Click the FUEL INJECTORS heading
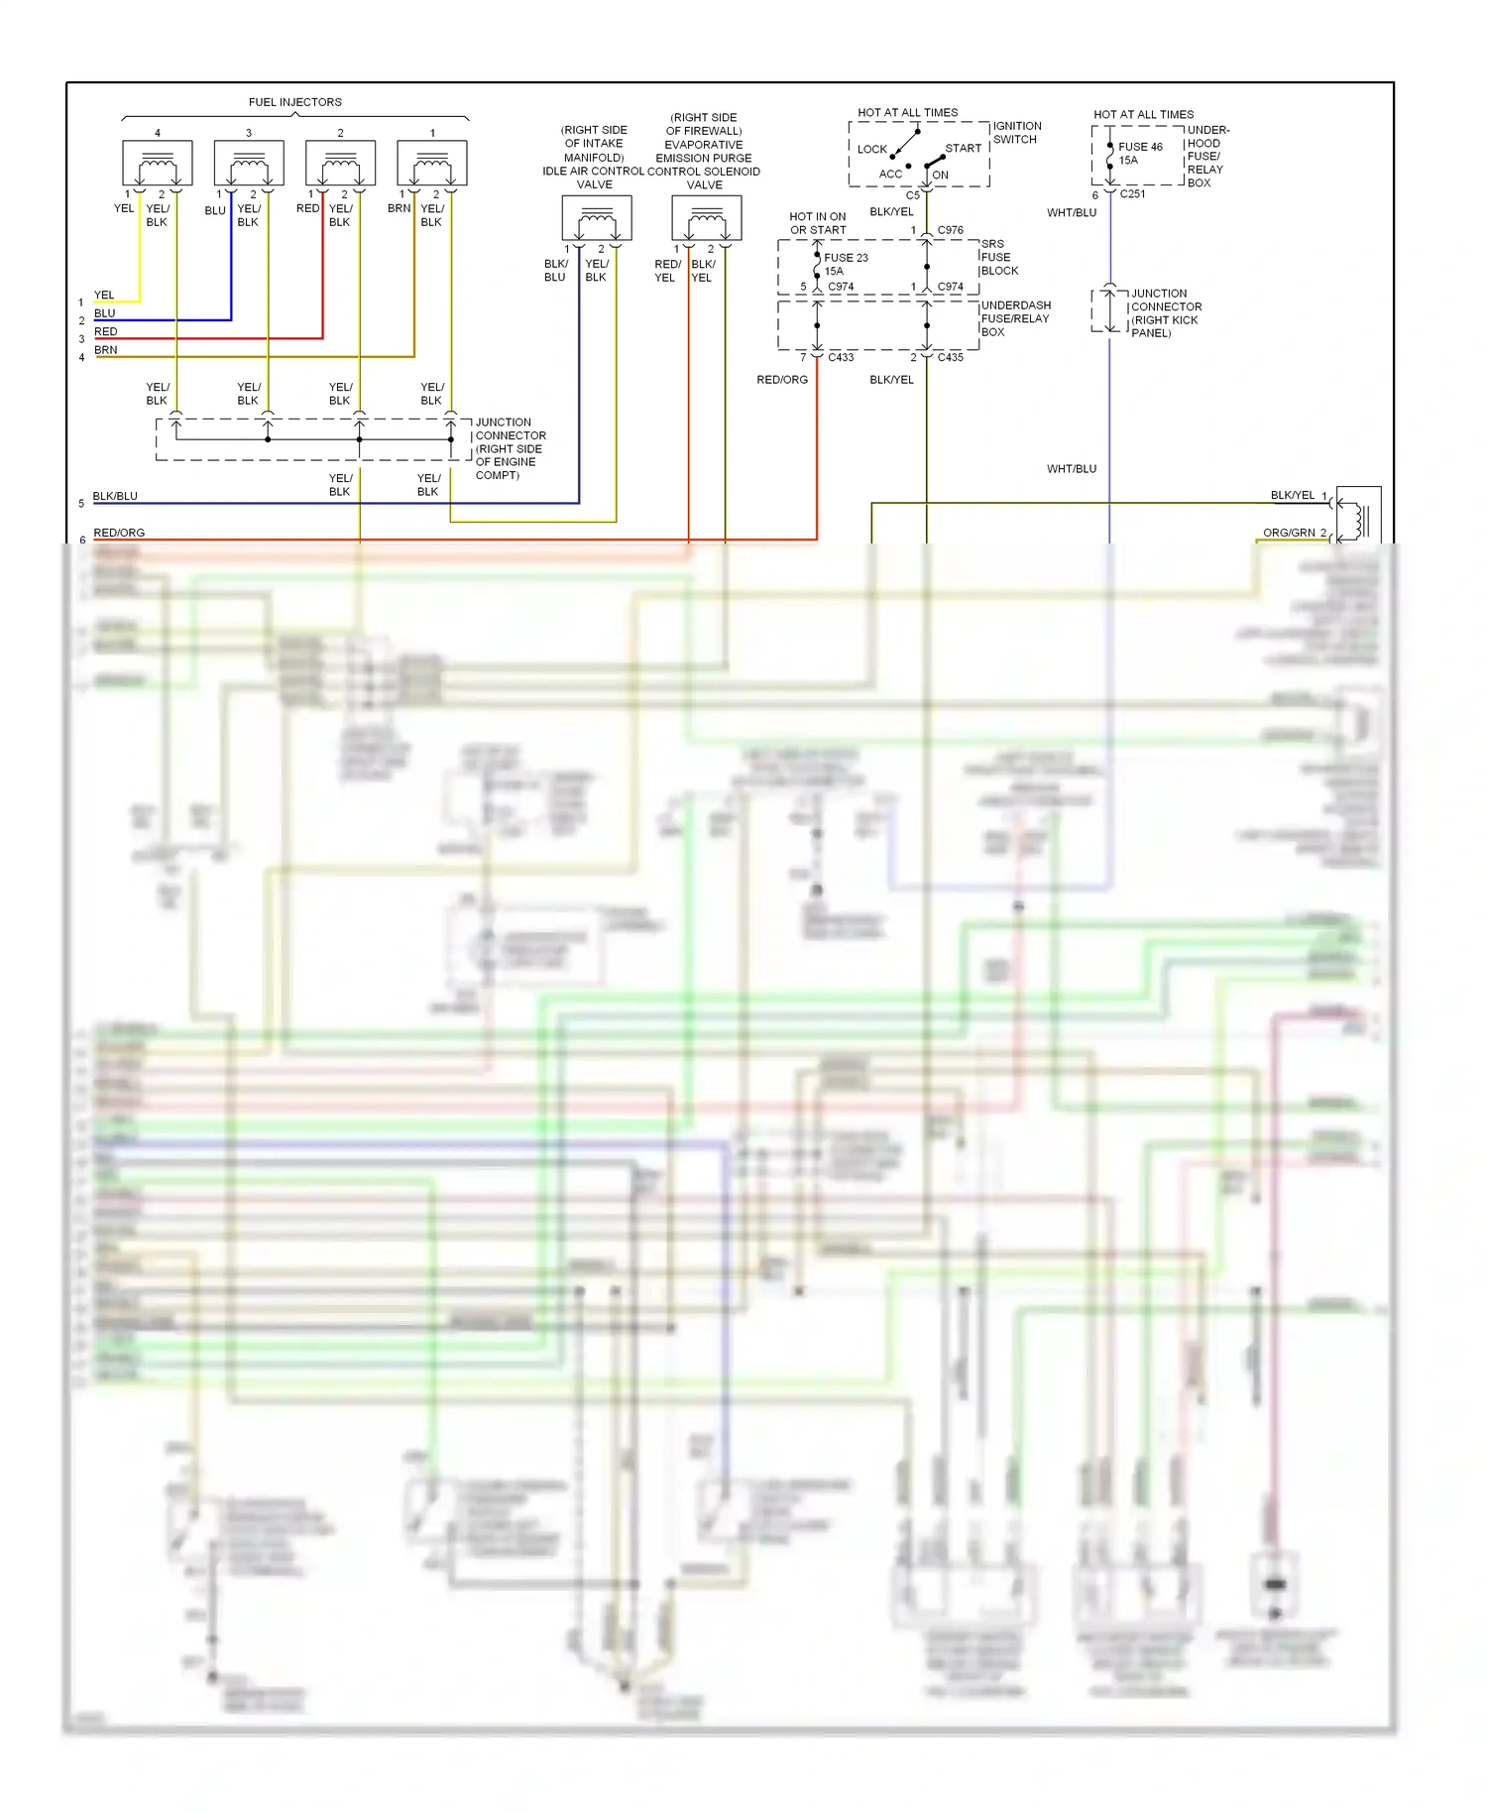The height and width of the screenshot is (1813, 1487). pos(294,102)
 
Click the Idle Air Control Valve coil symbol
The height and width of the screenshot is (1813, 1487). pos(597,218)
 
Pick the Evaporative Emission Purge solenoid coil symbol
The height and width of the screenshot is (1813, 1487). pos(707,218)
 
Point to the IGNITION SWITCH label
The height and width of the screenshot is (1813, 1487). pos(1017,133)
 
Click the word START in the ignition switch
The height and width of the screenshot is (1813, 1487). pos(963,149)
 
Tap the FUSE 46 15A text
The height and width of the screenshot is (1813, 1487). pos(1139,154)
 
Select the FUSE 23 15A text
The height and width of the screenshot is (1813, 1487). pos(845,264)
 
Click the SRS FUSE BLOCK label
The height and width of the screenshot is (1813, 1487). pos(999,258)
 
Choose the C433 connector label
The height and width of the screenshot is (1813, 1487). pos(841,357)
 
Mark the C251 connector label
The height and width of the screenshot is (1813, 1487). pos(1132,194)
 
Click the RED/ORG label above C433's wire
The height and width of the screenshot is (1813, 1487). pos(782,380)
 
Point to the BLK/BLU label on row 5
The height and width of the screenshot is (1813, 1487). pos(115,496)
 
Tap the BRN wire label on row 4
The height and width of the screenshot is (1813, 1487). pos(106,350)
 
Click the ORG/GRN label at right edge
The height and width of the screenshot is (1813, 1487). pos(1289,533)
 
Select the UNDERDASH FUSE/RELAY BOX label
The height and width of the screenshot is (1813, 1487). pos(1015,318)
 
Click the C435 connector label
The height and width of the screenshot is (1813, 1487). pos(950,357)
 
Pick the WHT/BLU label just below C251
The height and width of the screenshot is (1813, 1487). pos(1072,213)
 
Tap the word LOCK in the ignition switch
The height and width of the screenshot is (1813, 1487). pos(872,150)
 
